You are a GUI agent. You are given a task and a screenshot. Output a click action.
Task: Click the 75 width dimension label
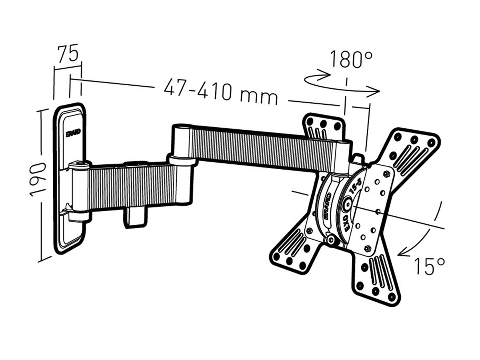[x=67, y=54]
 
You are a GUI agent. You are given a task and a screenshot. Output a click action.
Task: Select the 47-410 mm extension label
[x=220, y=92]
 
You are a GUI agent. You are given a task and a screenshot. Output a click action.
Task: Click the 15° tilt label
[x=429, y=266]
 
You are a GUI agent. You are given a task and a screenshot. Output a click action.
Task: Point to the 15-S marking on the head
[x=355, y=188]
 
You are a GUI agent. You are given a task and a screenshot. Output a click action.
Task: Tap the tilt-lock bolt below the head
[x=331, y=240]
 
